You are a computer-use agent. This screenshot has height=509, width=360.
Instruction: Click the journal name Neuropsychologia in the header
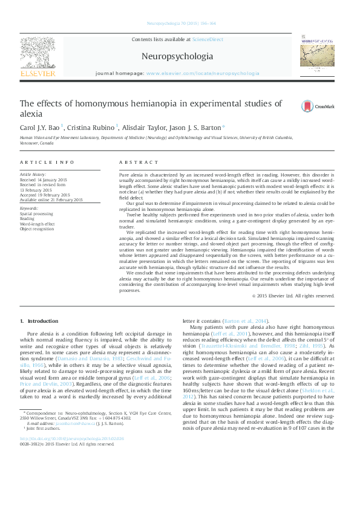pos(177,56)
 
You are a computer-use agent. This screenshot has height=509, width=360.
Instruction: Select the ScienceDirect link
pos(207,39)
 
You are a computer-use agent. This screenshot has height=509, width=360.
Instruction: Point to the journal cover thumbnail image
pos(318,56)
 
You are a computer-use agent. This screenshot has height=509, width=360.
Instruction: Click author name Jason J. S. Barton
pos(194,128)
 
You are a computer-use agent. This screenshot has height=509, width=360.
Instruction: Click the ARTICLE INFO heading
pos(47,163)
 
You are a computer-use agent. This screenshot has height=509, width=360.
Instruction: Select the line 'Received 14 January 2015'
pos(45,179)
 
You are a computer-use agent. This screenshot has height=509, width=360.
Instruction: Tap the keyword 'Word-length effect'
pos(38,223)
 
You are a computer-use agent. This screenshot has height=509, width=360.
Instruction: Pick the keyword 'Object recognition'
pos(37,228)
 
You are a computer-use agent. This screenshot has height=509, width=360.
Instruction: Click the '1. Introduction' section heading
pos(39,321)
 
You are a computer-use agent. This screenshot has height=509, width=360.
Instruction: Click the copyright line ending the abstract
pos(293,296)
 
